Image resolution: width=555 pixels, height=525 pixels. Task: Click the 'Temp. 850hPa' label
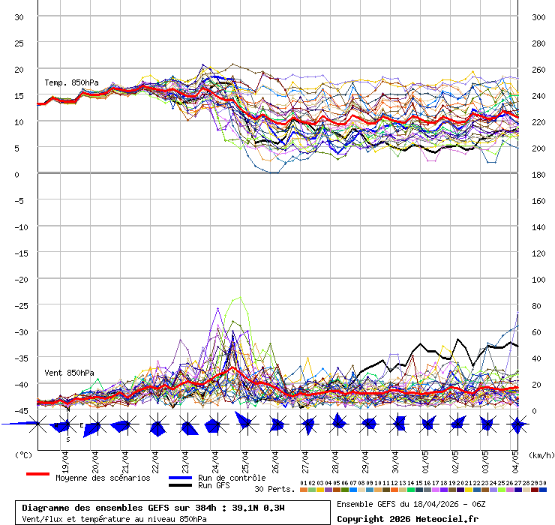[71, 82]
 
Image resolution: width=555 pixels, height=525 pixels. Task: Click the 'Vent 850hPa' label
[69, 373]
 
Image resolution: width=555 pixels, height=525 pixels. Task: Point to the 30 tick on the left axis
[19, 17]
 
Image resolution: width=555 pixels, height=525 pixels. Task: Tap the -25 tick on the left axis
[19, 305]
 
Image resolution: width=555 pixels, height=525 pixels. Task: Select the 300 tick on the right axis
[538, 17]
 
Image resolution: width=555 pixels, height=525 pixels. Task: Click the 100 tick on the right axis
[538, 280]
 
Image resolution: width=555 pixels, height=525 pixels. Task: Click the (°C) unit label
[23, 454]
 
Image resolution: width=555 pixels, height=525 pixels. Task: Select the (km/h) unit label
[540, 454]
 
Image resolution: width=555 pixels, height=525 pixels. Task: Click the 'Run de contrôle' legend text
[232, 478]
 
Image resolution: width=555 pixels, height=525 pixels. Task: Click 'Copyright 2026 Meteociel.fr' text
[407, 518]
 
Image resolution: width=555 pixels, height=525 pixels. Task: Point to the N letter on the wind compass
[67, 409]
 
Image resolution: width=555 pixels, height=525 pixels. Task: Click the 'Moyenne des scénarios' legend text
[102, 478]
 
